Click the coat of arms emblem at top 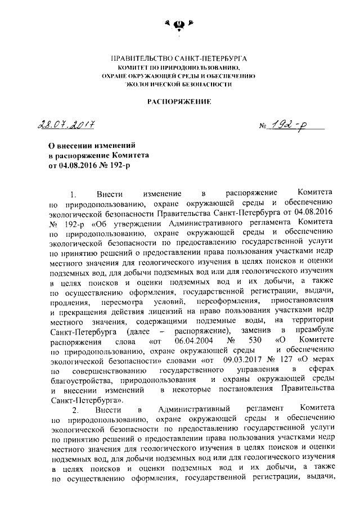pyautogui.click(x=179, y=24)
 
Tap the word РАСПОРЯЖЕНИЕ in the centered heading pyautogui.click(x=179, y=102)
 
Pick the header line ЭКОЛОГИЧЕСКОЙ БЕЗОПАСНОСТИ pyautogui.click(x=179, y=83)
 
